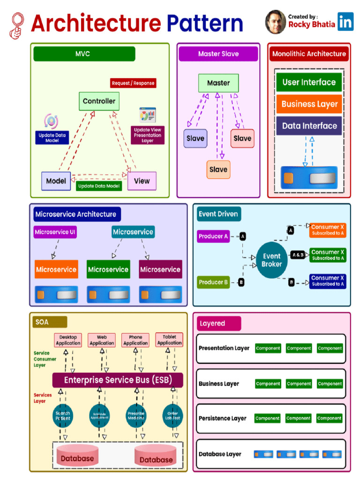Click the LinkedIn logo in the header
tap(346, 22)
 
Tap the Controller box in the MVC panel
tap(99, 101)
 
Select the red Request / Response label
tap(133, 83)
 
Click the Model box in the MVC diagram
tap(56, 181)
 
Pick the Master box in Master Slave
tap(218, 83)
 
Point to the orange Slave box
tap(218, 169)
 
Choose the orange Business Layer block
tap(309, 104)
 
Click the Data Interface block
tap(309, 126)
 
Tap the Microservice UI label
tap(55, 232)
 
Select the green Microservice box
tap(108, 270)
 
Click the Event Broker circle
tap(272, 260)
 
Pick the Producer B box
tap(213, 282)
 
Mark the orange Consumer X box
tap(328, 230)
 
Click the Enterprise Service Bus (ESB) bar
tap(118, 380)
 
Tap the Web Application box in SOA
tap(102, 340)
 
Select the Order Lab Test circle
tap(172, 415)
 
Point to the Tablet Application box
tap(169, 340)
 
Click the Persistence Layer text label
tap(222, 418)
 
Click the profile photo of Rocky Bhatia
tap(276, 22)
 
